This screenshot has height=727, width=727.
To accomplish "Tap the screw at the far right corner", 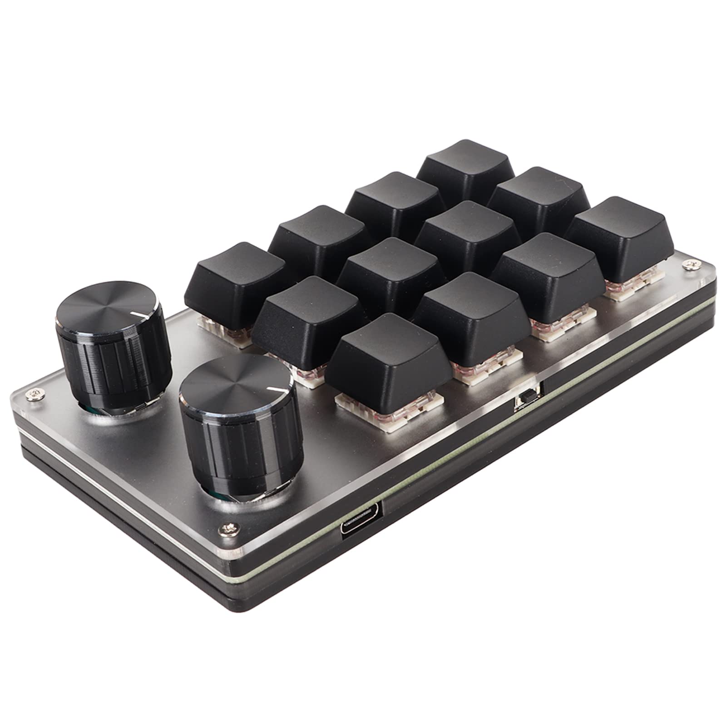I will pyautogui.click(x=692, y=263).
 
